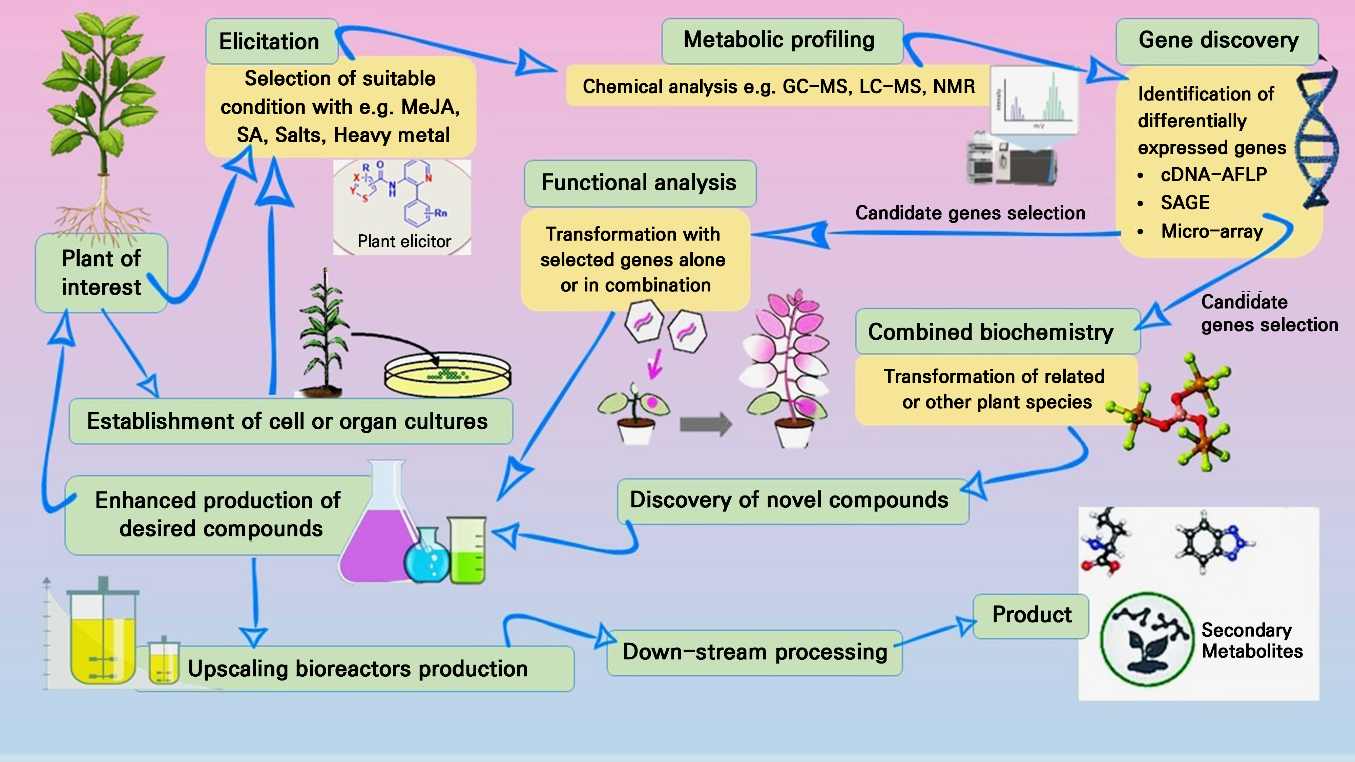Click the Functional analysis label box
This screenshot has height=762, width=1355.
639,183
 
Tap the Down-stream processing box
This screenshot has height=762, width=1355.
754,652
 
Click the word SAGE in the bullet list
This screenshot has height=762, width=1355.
1185,203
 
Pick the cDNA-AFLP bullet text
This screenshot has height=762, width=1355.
1213,174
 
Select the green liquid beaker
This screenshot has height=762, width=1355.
467,552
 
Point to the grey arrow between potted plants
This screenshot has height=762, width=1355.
705,424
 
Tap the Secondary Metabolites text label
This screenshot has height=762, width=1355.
1252,640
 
